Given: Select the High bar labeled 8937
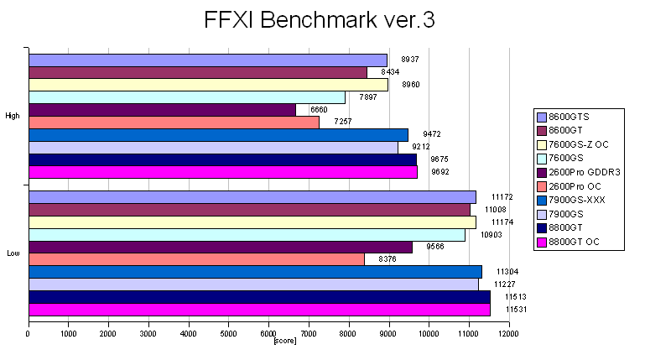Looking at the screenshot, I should (x=208, y=60).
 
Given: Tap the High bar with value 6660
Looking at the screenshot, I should (x=162, y=110).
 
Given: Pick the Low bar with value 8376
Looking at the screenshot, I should (x=196, y=259).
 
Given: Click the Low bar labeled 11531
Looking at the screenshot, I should (x=259, y=310).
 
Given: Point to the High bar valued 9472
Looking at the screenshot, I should (x=218, y=134).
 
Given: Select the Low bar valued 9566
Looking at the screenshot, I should (x=220, y=247).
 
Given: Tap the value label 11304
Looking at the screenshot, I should (x=507, y=272).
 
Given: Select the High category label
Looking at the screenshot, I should (x=13, y=116).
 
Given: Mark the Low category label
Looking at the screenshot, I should (x=13, y=253).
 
